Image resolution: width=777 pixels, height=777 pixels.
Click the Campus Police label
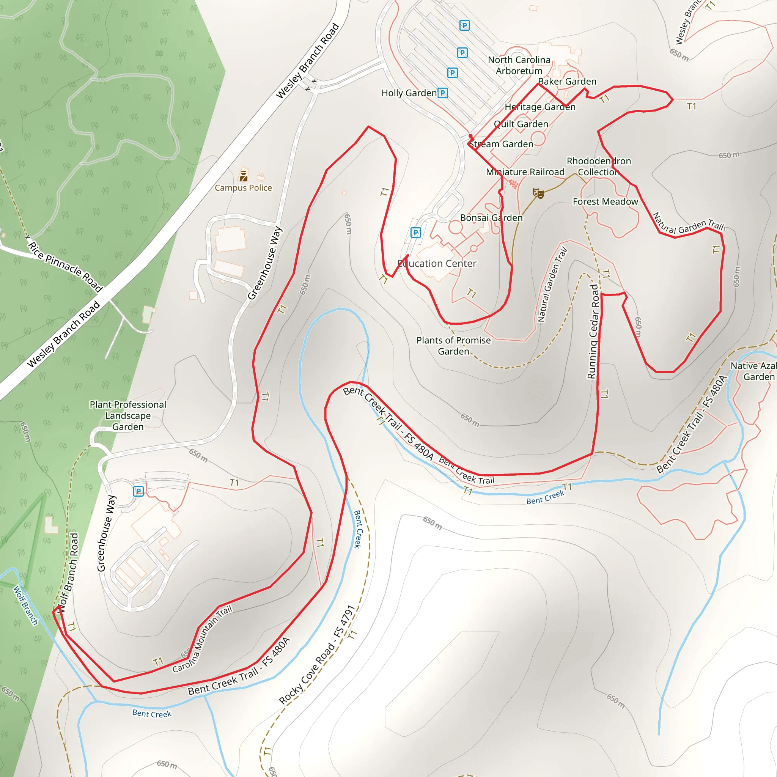coord(243,188)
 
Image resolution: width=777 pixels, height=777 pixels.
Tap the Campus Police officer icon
coord(243,176)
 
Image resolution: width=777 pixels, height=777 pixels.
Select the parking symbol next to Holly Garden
coord(442,93)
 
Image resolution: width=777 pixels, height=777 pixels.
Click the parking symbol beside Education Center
coord(415,233)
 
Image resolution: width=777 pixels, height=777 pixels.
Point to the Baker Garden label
coord(567,82)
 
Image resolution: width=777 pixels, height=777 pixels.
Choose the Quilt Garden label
coord(521,124)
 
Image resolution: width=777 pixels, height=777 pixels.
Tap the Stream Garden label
coord(501,144)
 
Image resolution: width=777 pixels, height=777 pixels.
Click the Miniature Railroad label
coord(525,172)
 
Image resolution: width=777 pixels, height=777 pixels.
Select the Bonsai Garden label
coord(491,217)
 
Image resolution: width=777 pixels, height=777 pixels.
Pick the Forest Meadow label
coord(605,201)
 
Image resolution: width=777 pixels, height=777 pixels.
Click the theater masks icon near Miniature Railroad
coord(538,193)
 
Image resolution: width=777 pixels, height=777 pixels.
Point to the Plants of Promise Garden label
coord(453,346)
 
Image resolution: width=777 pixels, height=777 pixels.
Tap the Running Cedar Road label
coord(593,332)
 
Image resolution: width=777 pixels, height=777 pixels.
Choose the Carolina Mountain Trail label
coord(202,639)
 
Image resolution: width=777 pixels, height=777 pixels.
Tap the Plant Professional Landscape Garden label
coord(127,415)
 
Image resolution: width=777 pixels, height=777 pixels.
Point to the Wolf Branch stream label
coord(25,606)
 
